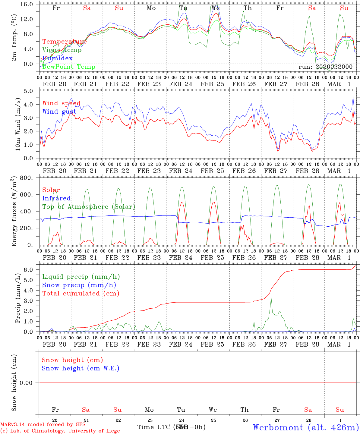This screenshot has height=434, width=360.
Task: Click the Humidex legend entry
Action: point(57,58)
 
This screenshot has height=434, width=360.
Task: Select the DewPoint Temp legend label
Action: point(69,67)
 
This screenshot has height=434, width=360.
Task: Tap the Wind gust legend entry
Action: point(59,112)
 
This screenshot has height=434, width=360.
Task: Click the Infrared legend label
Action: point(56,198)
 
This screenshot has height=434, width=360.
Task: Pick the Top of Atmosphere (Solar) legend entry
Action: point(88,207)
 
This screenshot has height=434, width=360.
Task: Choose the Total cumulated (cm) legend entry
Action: point(81,293)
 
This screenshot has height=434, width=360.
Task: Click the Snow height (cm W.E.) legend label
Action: point(81,368)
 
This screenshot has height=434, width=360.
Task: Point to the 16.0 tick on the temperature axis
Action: point(30,4)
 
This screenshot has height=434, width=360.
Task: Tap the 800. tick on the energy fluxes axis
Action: point(30,178)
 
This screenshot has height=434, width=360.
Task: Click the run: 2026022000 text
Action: point(325,67)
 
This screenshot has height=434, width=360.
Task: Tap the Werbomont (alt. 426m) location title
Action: point(306,427)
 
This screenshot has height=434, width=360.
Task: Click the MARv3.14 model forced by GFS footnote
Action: point(43,425)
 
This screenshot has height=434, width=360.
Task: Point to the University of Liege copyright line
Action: point(60,431)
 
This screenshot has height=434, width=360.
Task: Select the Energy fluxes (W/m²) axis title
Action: point(14,212)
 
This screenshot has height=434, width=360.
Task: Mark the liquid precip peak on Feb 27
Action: point(271,298)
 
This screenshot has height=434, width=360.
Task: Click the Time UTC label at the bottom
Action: point(155,427)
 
